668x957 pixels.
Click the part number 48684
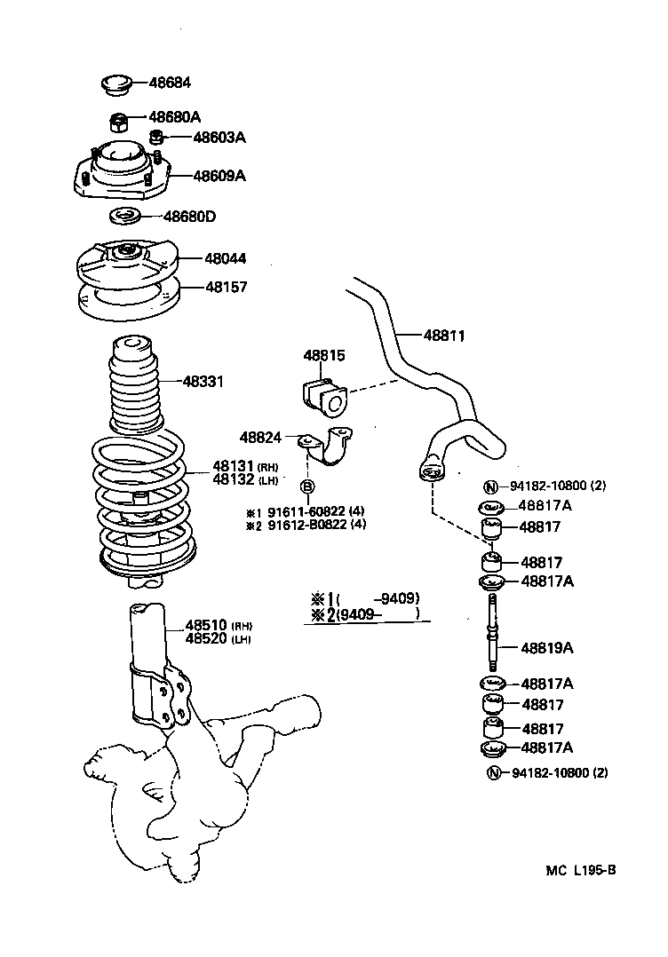pos(170,83)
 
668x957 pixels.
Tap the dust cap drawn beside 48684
pos(114,85)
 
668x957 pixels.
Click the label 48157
pos(227,288)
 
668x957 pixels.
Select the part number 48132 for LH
pos(232,480)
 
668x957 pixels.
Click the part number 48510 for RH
pos(206,624)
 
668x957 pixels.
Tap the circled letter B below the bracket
pos(306,486)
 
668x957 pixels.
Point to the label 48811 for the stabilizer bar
pos(443,336)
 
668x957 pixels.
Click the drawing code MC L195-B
pos(580,871)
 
